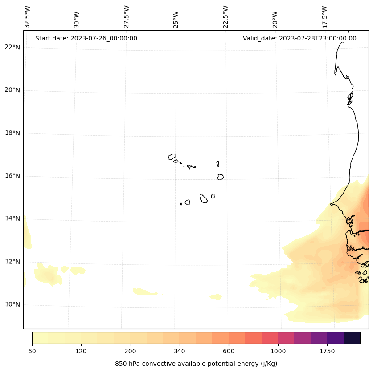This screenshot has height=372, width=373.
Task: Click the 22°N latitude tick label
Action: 12,48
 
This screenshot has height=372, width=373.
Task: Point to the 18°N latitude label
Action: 12,133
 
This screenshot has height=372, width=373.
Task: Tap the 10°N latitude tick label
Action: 12,305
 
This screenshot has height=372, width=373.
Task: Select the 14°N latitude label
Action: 12,218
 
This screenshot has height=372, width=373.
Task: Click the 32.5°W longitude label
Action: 28,17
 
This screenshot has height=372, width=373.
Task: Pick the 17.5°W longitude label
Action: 325,17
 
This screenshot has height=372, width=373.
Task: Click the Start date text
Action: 86,38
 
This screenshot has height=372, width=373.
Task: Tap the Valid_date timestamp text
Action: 299,38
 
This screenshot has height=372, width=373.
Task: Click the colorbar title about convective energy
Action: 196,364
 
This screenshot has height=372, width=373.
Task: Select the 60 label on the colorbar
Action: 32,352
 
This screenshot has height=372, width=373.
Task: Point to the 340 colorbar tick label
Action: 180,352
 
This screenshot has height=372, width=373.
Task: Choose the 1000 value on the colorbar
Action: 278,352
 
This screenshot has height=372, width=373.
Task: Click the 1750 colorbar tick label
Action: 327,352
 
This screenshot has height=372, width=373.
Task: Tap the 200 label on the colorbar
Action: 131,352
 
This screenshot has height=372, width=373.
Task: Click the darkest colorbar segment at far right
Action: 352,338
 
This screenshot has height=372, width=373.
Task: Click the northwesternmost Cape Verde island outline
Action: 172,157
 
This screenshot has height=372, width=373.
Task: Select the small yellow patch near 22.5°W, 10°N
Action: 216,297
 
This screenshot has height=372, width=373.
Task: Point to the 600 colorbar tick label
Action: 229,352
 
